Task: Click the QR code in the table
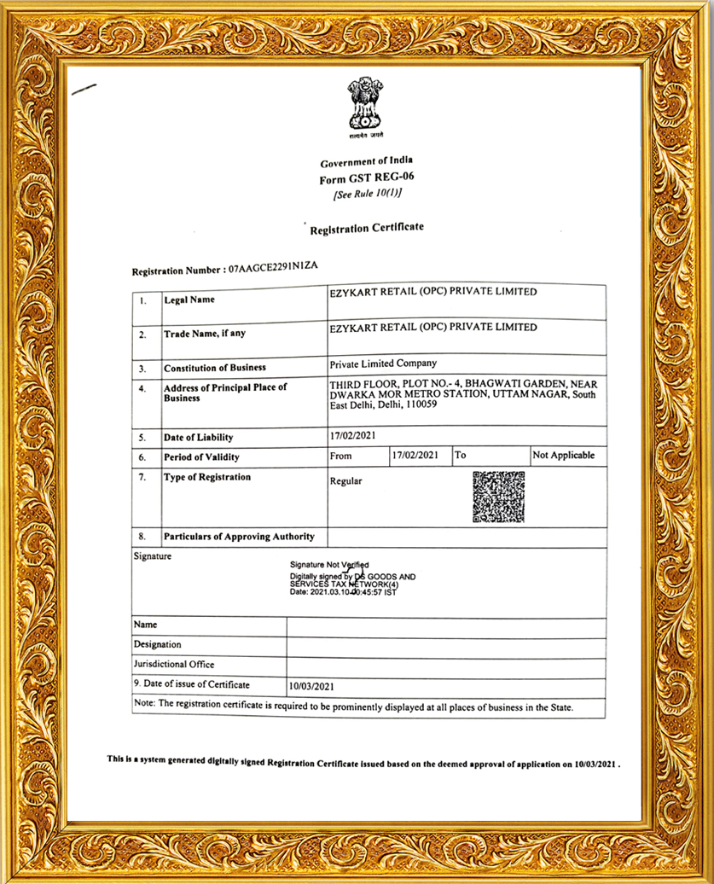[498, 496]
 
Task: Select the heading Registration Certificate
[366, 229]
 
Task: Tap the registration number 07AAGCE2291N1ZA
[273, 268]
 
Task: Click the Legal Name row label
[189, 300]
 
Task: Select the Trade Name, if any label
[205, 334]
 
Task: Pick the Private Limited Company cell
[383, 363]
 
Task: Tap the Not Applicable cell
[563, 456]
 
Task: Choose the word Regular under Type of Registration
[345, 481]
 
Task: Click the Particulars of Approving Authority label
[239, 537]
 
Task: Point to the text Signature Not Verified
[329, 565]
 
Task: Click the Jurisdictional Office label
[174, 664]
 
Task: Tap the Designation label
[158, 644]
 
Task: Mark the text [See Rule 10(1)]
[367, 194]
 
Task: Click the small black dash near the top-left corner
[84, 88]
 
